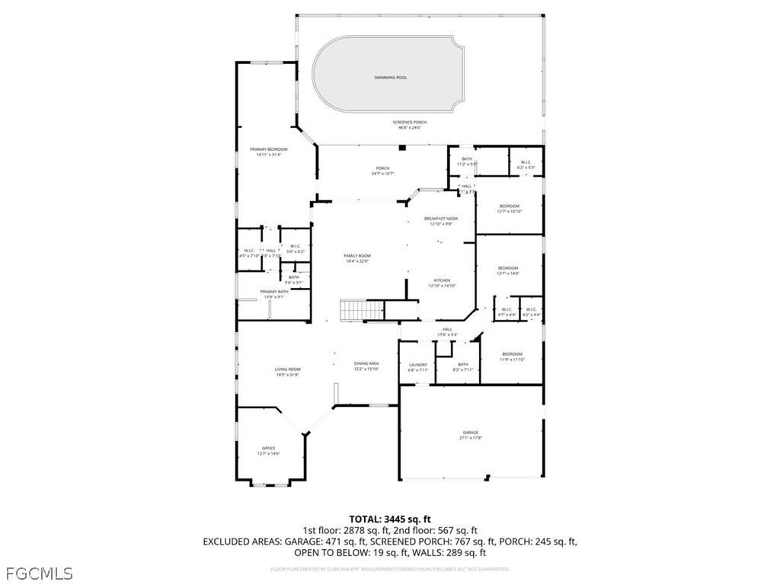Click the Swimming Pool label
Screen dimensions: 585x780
click(390, 78)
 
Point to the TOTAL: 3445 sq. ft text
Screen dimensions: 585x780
click(389, 519)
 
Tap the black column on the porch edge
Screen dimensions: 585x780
click(402, 148)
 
